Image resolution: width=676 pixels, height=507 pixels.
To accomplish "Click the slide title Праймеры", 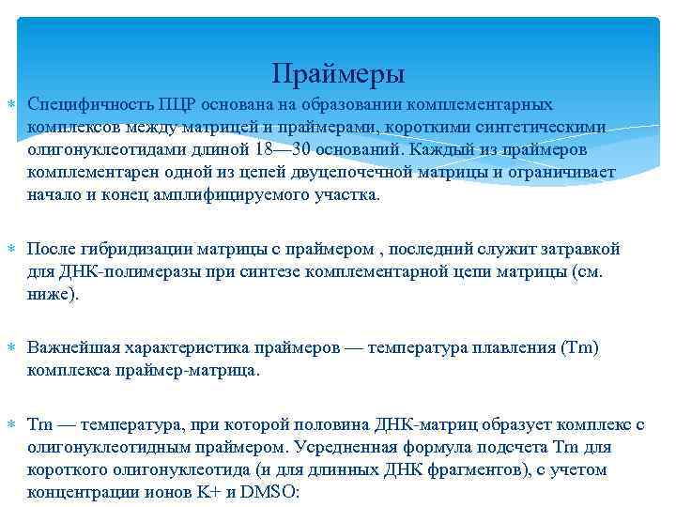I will click(338, 72).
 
